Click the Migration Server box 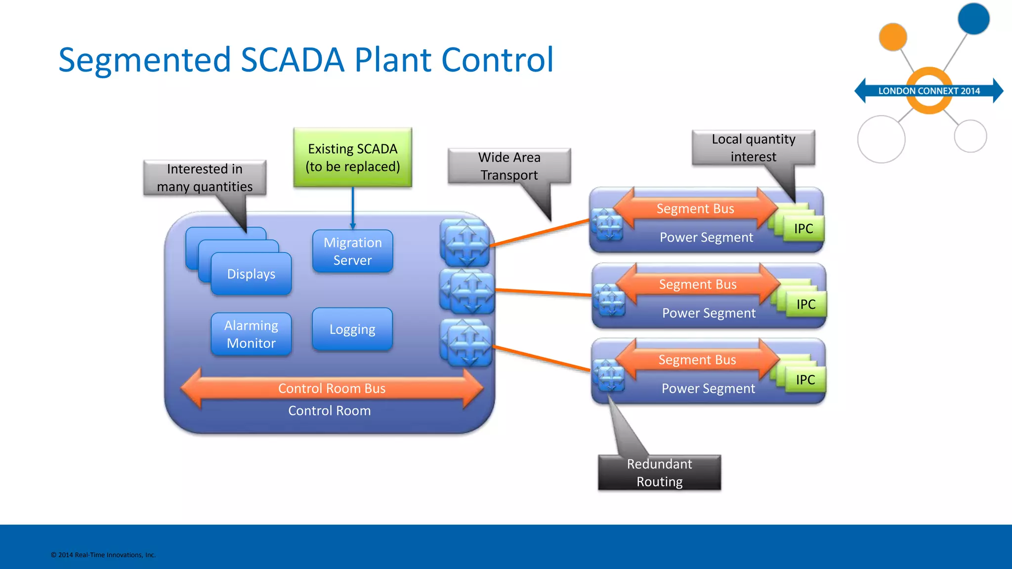tap(352, 251)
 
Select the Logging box tap(352, 329)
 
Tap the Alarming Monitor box tap(251, 334)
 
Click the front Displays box tap(251, 274)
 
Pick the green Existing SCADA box tap(352, 157)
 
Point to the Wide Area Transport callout tap(509, 166)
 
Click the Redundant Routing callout tap(659, 473)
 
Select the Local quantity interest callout tap(753, 148)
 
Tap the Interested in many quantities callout tap(205, 178)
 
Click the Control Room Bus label tap(332, 389)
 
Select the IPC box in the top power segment tap(803, 229)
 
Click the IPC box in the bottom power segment tap(805, 380)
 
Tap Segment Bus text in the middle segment tap(697, 284)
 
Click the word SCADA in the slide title tap(292, 60)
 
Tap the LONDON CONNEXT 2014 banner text tap(928, 91)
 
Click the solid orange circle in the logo tap(892, 37)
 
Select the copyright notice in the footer tap(103, 555)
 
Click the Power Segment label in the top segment tap(706, 238)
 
